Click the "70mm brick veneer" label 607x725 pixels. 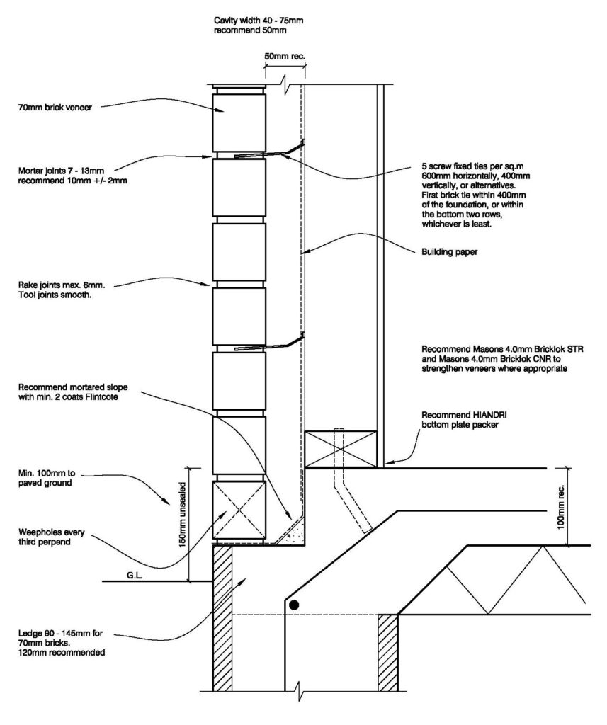(x=55, y=108)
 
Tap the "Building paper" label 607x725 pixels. (x=450, y=252)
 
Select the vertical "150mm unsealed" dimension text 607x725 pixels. (x=182, y=515)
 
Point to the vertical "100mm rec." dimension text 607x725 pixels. (x=560, y=507)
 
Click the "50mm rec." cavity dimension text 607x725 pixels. (x=285, y=56)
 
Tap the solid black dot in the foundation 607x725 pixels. (x=294, y=605)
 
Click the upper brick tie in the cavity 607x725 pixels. (x=269, y=150)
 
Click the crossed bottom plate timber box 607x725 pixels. (x=341, y=449)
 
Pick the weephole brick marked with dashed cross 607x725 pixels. (x=239, y=510)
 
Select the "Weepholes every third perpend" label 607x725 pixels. (x=52, y=537)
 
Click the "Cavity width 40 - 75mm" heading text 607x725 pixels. (x=259, y=21)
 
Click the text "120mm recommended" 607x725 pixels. (x=62, y=653)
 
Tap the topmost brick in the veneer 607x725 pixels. (x=239, y=123)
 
